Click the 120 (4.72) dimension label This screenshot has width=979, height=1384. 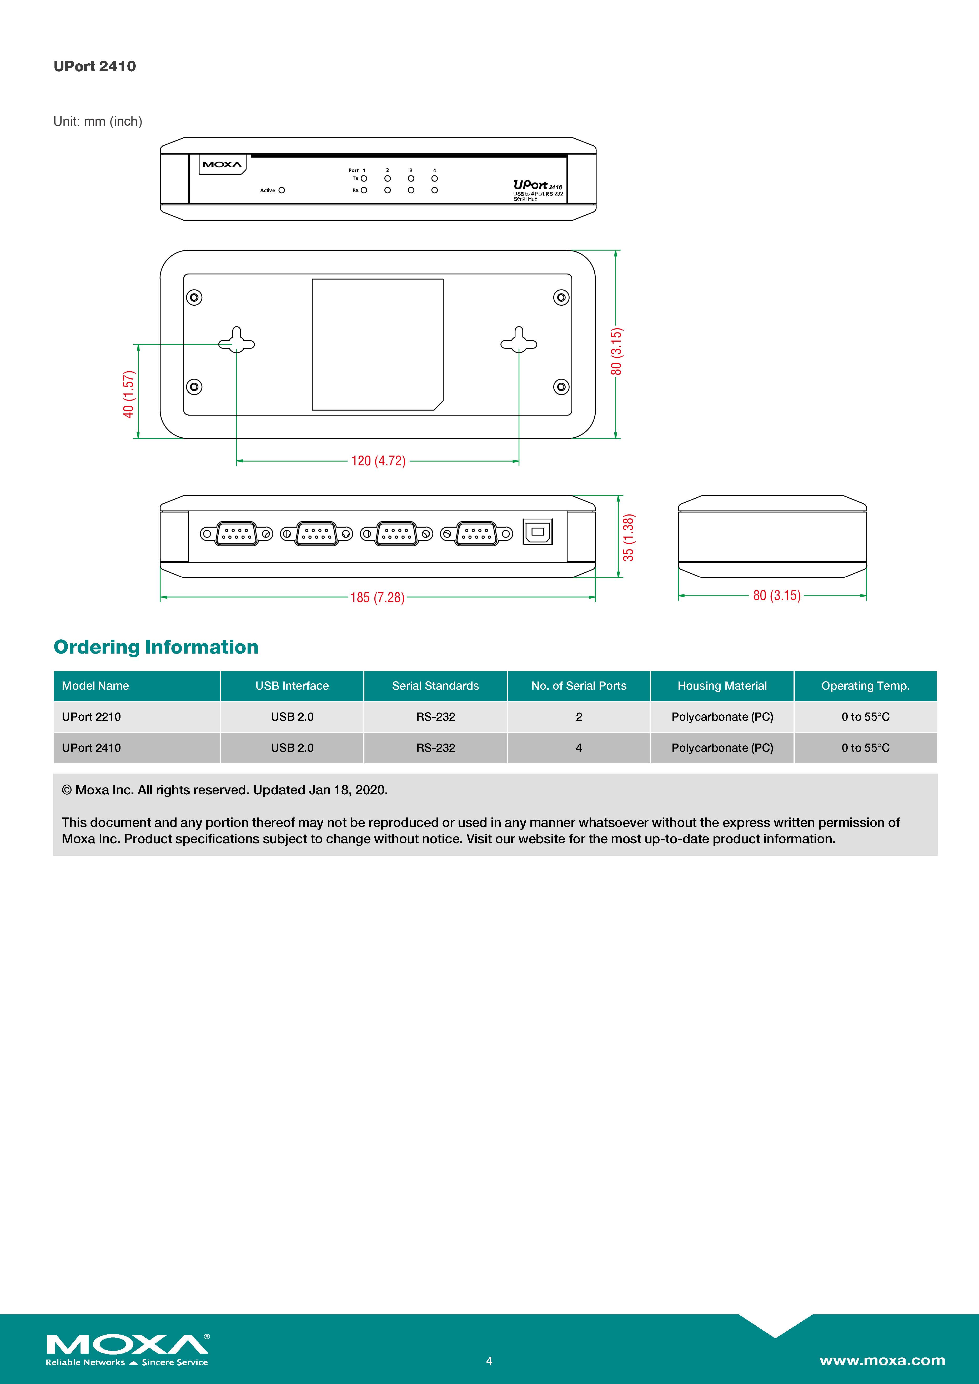[378, 461]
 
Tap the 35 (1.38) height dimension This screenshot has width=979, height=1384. [628, 538]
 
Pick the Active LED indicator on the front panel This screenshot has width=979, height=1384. [282, 190]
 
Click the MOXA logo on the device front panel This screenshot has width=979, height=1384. [222, 165]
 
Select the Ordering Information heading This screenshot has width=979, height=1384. [156, 647]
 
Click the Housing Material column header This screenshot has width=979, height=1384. [722, 686]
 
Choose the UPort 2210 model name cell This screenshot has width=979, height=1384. [92, 717]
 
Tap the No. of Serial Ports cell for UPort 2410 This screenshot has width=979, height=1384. [579, 748]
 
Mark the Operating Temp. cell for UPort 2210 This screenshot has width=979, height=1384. [865, 717]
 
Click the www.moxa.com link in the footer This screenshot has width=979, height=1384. [882, 1361]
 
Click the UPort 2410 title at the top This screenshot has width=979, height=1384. [95, 66]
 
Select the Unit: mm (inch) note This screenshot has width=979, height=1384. [98, 121]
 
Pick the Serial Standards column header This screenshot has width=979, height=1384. [435, 686]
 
